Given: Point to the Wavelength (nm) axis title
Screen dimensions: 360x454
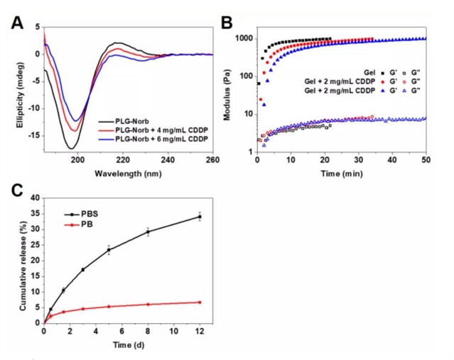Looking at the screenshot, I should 128,174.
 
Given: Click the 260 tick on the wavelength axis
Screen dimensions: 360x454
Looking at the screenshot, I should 212,160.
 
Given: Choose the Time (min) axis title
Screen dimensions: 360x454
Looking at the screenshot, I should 341,174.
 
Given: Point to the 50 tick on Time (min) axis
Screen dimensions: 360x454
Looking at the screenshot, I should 426,161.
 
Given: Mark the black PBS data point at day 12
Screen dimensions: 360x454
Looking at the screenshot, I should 200,217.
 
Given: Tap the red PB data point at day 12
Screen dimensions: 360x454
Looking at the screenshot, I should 200,302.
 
